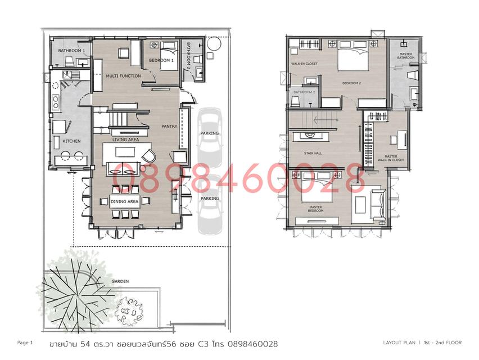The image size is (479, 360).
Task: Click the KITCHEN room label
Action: [71, 141]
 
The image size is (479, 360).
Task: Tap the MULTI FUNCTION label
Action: [124, 76]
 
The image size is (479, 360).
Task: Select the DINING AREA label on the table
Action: [124, 201]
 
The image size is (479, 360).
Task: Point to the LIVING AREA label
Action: [125, 139]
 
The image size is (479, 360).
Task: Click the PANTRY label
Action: [169, 126]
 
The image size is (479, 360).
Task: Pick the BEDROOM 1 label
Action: [161, 61]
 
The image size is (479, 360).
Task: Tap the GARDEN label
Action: [120, 281]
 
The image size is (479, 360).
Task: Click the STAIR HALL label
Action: [313, 153]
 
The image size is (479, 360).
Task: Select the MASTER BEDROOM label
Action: [315, 209]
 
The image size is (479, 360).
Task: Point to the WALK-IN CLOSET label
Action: [304, 64]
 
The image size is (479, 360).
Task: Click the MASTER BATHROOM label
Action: [406, 56]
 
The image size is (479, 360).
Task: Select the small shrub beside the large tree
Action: [129, 310]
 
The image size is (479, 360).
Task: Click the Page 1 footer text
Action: [25, 343]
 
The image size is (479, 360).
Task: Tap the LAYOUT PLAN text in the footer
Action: [399, 343]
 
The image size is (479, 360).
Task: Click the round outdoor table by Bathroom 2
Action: [214, 44]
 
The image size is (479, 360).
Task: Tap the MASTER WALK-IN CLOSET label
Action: [391, 158]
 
